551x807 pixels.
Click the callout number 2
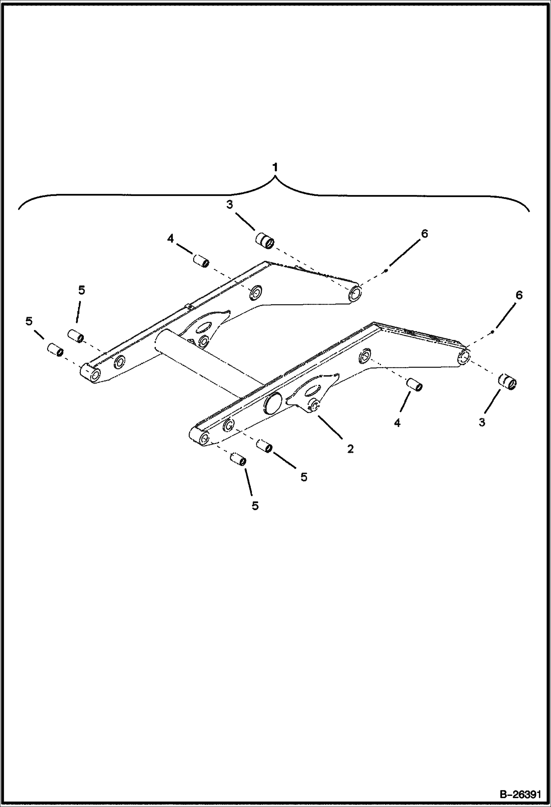coord(350,448)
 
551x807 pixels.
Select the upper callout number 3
coord(230,205)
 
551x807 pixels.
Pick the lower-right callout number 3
coord(482,423)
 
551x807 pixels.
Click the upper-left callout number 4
coord(170,239)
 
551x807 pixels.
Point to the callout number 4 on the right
coord(397,423)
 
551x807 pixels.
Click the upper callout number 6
coord(424,234)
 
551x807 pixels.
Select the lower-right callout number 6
coord(519,295)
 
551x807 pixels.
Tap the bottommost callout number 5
coord(255,506)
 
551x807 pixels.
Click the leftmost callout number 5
coord(29,321)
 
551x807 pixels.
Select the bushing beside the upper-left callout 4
coord(201,261)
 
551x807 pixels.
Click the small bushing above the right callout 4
coord(415,384)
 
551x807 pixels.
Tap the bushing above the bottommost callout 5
coord(238,459)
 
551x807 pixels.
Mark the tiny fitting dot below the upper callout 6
coord(385,271)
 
